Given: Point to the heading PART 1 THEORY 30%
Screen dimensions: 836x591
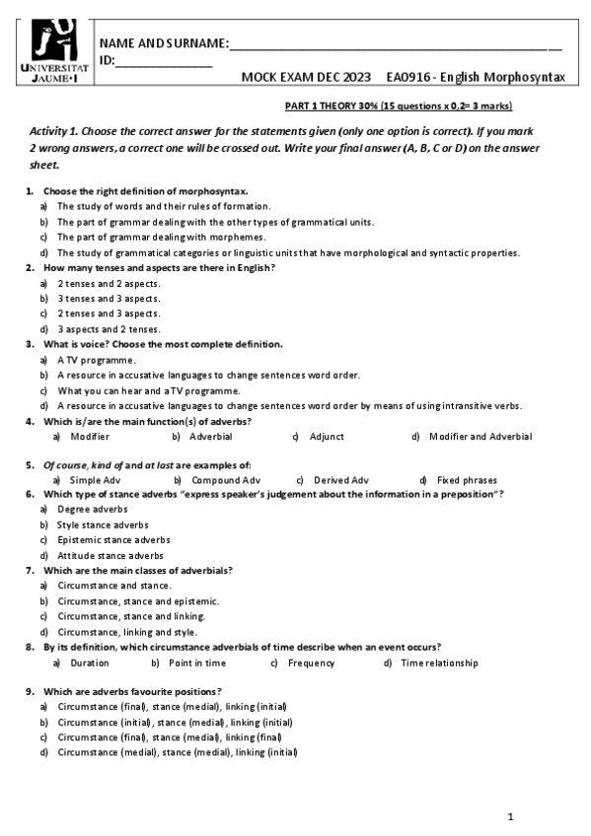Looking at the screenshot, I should pos(336,106).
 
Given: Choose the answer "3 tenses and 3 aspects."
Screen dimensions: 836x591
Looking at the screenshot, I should pos(109,298).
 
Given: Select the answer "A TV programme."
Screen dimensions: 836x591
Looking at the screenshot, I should pos(96,360).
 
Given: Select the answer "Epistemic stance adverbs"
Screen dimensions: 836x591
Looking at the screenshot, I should pos(113,539).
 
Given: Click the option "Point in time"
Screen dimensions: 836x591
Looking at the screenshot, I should pos(197,662).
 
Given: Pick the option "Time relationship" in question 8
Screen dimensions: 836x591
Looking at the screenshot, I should pos(439,662).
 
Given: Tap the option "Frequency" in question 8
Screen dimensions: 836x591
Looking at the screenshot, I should pos(311,662).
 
